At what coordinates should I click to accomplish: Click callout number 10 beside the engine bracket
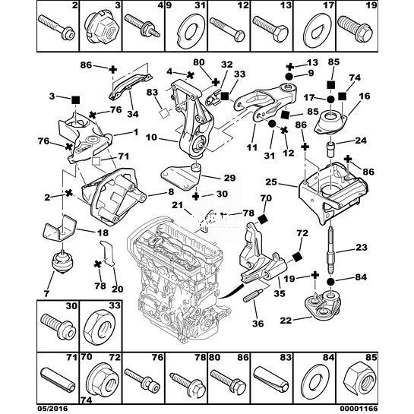click(151, 137)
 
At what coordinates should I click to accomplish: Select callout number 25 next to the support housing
click(271, 182)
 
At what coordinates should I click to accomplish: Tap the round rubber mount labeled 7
click(61, 262)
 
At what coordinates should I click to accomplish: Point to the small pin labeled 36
click(253, 295)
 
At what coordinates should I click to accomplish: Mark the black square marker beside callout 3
click(76, 100)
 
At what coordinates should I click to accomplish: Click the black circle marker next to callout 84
click(331, 282)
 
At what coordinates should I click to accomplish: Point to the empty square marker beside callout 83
click(165, 113)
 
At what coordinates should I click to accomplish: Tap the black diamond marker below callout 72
click(297, 257)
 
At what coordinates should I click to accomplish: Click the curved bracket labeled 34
click(131, 86)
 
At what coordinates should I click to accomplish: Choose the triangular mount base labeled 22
click(322, 305)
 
